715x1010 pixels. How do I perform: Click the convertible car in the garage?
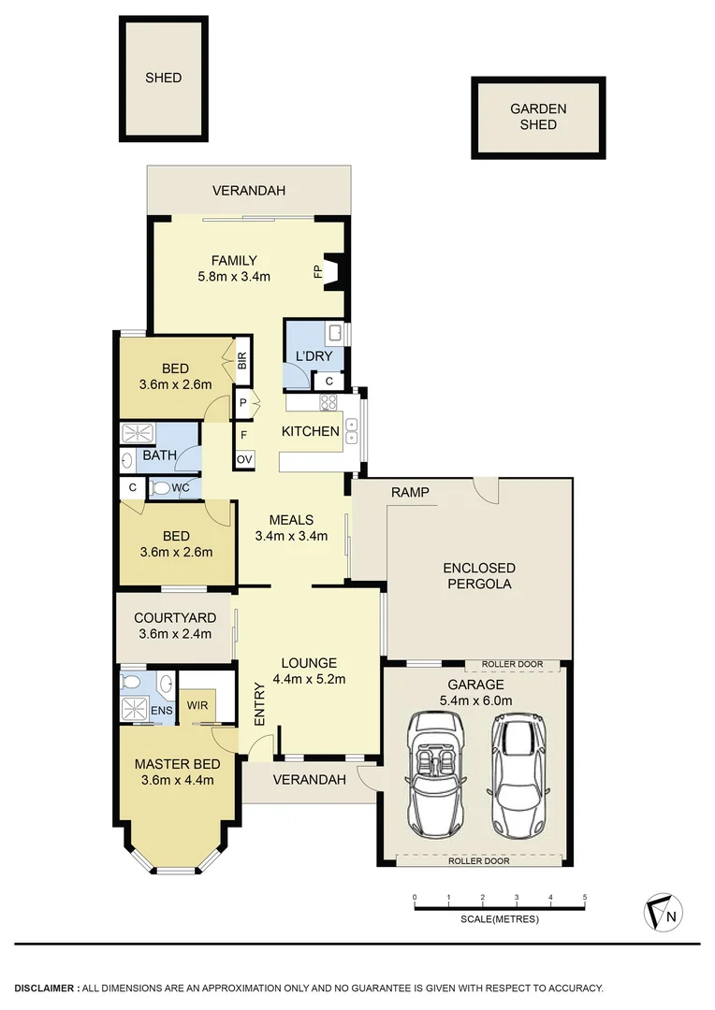pyautogui.click(x=432, y=775)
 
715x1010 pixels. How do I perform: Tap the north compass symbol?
pyautogui.click(x=663, y=913)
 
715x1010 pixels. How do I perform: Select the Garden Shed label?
pyautogui.click(x=538, y=117)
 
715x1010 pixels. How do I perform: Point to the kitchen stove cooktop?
pyautogui.click(x=329, y=402)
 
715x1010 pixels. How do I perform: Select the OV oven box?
pyautogui.click(x=244, y=458)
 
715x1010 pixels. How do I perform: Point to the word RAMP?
pyautogui.click(x=410, y=492)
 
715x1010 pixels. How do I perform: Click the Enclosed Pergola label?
pyautogui.click(x=479, y=576)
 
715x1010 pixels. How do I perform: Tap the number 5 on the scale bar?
pyautogui.click(x=585, y=898)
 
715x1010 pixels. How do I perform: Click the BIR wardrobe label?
pyautogui.click(x=241, y=361)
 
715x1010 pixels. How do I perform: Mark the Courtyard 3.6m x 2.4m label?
pyautogui.click(x=175, y=626)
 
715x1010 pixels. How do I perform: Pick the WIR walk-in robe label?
pyautogui.click(x=197, y=704)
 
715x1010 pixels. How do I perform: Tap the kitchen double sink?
pyautogui.click(x=351, y=431)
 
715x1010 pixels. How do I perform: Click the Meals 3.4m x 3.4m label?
pyautogui.click(x=291, y=528)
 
